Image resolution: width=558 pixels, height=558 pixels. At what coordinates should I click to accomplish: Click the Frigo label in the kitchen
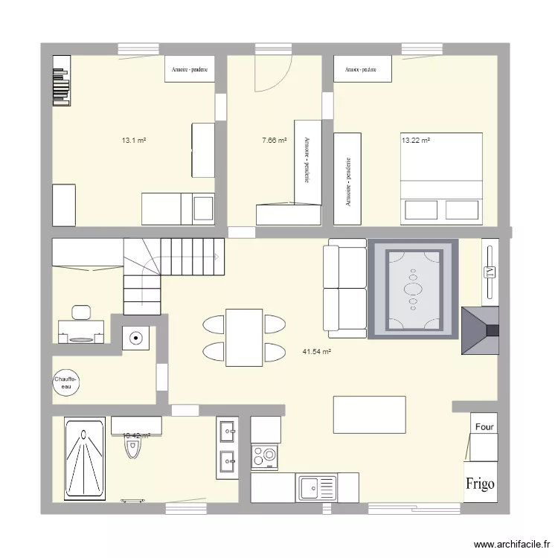(481, 484)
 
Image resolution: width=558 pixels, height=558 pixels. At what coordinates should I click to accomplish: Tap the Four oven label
(484, 428)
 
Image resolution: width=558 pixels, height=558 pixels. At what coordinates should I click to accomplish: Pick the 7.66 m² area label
(274, 139)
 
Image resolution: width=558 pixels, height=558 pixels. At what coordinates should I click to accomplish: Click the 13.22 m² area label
(416, 139)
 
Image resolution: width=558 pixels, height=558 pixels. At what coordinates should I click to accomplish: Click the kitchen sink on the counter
(317, 488)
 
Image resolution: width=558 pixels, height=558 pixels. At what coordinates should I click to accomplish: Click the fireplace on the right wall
(479, 330)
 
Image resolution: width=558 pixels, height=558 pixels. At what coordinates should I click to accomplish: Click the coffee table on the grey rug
(412, 288)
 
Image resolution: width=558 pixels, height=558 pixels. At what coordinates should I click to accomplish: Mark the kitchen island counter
(370, 415)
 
